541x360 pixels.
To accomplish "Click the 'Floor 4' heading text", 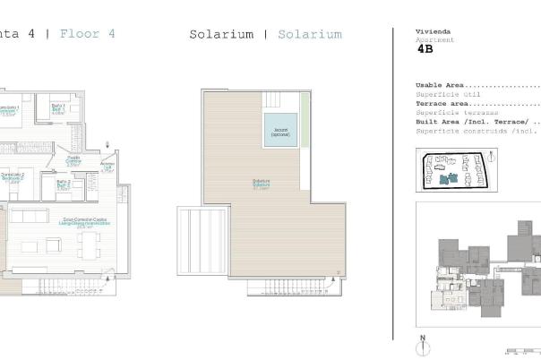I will [87, 34].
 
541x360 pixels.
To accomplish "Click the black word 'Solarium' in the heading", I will [220, 34].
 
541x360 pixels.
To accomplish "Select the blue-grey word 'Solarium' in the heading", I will [309, 34].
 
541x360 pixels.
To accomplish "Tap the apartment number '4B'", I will [425, 50].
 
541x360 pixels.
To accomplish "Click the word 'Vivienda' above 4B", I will [431, 31].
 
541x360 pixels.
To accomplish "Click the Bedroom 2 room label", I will [12, 177].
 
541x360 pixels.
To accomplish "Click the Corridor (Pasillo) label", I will [73, 161].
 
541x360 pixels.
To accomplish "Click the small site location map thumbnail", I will [452, 170].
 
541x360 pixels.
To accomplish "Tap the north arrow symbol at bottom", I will [421, 343].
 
